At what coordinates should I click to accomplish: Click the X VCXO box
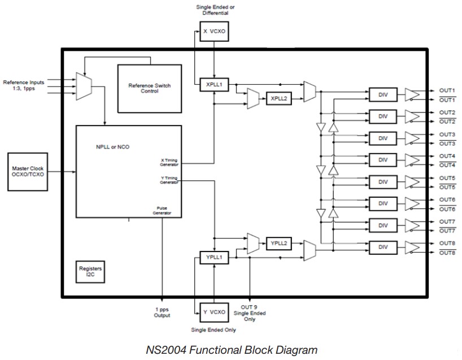point(213,32)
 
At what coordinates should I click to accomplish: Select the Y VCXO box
point(213,311)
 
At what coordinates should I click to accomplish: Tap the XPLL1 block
point(213,85)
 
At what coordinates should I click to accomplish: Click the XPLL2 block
point(278,98)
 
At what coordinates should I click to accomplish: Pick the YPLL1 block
point(213,258)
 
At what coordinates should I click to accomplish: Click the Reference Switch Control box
point(149,88)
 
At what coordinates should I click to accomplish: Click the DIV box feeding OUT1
point(383,94)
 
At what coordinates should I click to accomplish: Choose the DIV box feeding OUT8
point(383,247)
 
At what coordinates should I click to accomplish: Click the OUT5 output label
point(447,178)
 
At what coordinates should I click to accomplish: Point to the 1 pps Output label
point(162,313)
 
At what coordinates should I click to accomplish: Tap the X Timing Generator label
point(169,162)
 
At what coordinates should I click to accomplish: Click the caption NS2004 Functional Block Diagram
point(232,349)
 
